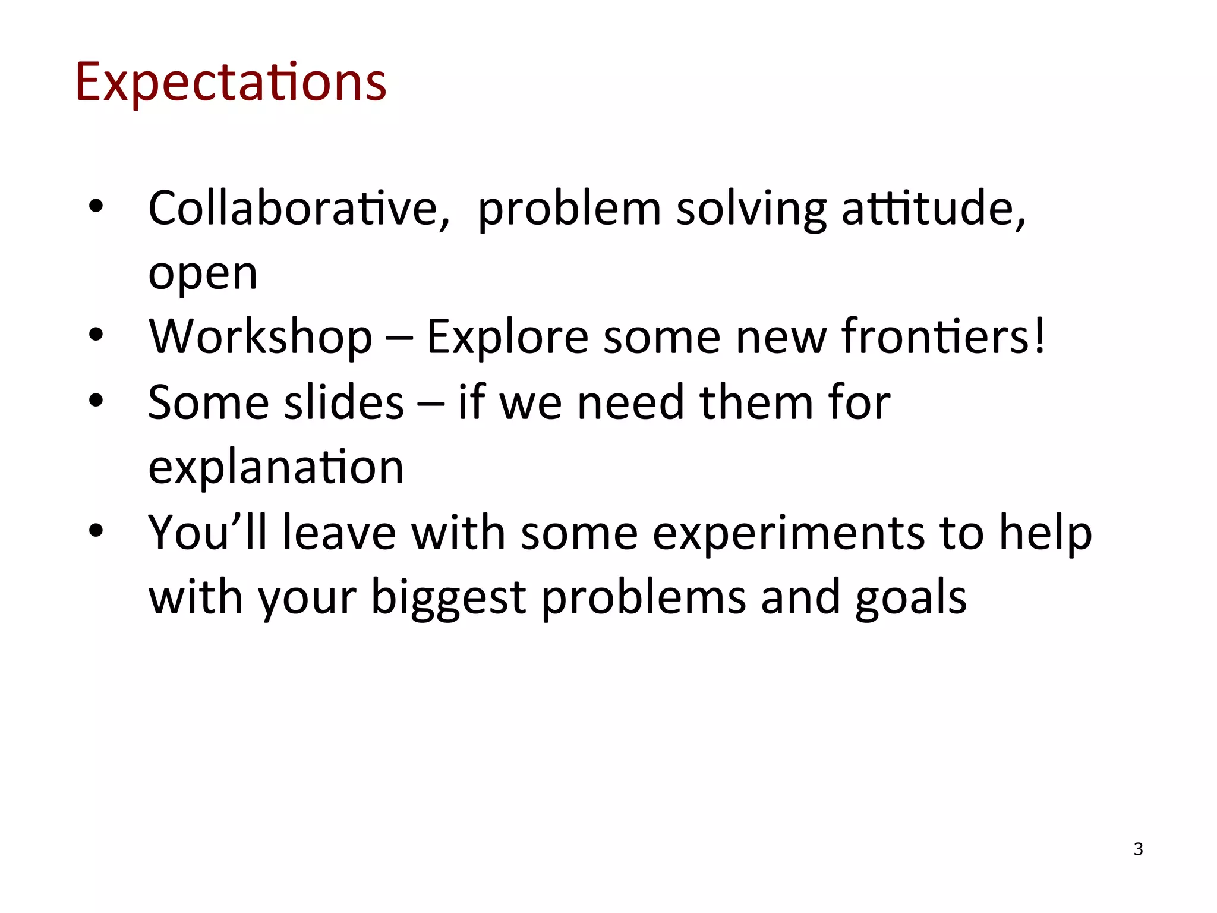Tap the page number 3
pos(1138,849)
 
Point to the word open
pos(203,275)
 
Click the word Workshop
pos(260,336)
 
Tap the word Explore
pos(507,336)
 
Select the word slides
pos(344,402)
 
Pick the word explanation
pos(276,467)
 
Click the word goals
pos(911,598)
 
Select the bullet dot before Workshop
pos(96,335)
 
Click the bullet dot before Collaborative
pos(96,206)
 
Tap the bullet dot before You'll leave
pos(96,530)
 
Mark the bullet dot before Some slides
pos(96,401)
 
